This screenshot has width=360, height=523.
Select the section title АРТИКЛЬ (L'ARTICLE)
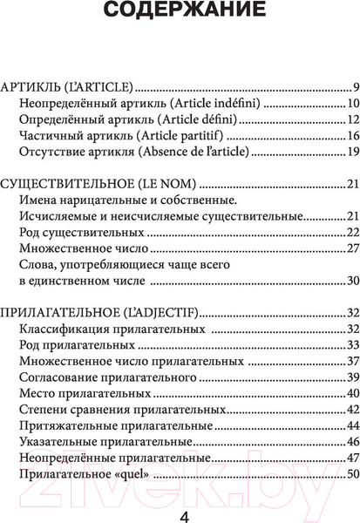(x=68, y=88)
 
